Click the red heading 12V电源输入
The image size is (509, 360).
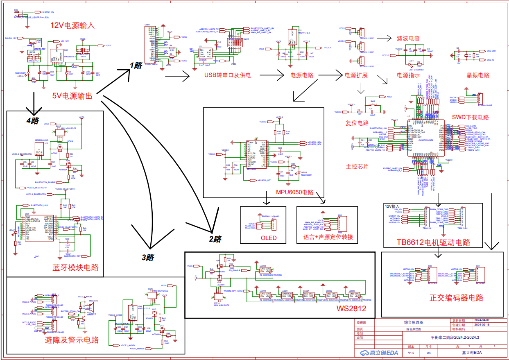pos(72,25)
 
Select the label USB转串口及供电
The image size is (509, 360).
pos(227,75)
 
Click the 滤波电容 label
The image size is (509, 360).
pos(408,38)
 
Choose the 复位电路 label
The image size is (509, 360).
pos(357,123)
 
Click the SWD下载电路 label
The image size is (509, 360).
pos(470,117)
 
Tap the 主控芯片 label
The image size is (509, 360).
pos(357,167)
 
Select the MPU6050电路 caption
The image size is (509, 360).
pos(294,192)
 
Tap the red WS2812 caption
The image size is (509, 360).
pos(351,308)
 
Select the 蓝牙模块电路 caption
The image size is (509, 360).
pos(76,267)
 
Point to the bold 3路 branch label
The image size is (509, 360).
pos(148,258)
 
